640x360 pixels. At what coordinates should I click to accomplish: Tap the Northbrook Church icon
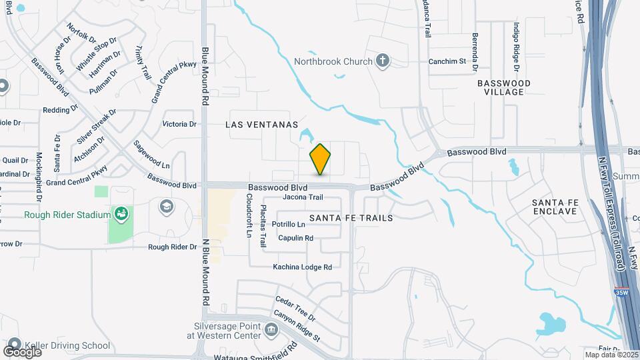click(382, 61)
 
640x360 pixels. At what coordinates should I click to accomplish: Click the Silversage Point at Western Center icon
click(271, 329)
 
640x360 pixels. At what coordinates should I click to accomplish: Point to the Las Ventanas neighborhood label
click(261, 125)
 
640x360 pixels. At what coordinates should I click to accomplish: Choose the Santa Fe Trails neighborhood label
click(351, 218)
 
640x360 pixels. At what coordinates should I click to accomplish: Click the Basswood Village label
click(504, 87)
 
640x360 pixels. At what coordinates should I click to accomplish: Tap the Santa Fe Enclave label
click(554, 206)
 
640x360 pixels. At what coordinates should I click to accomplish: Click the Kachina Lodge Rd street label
click(302, 267)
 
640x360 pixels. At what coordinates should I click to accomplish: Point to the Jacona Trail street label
click(303, 197)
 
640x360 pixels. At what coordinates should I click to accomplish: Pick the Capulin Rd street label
click(295, 238)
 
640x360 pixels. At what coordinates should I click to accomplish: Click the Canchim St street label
click(447, 61)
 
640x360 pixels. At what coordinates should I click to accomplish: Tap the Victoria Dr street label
click(179, 124)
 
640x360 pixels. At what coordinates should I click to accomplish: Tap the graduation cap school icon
click(166, 207)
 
